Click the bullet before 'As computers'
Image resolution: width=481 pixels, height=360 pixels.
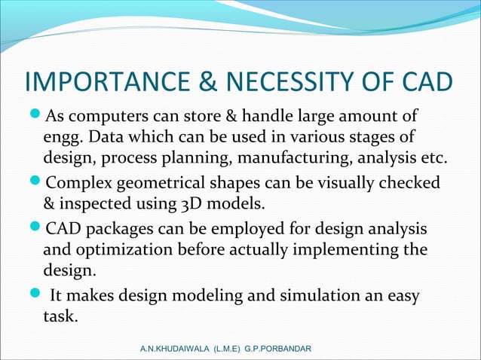[x=36, y=117]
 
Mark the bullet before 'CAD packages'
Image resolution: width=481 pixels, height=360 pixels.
[x=36, y=228]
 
